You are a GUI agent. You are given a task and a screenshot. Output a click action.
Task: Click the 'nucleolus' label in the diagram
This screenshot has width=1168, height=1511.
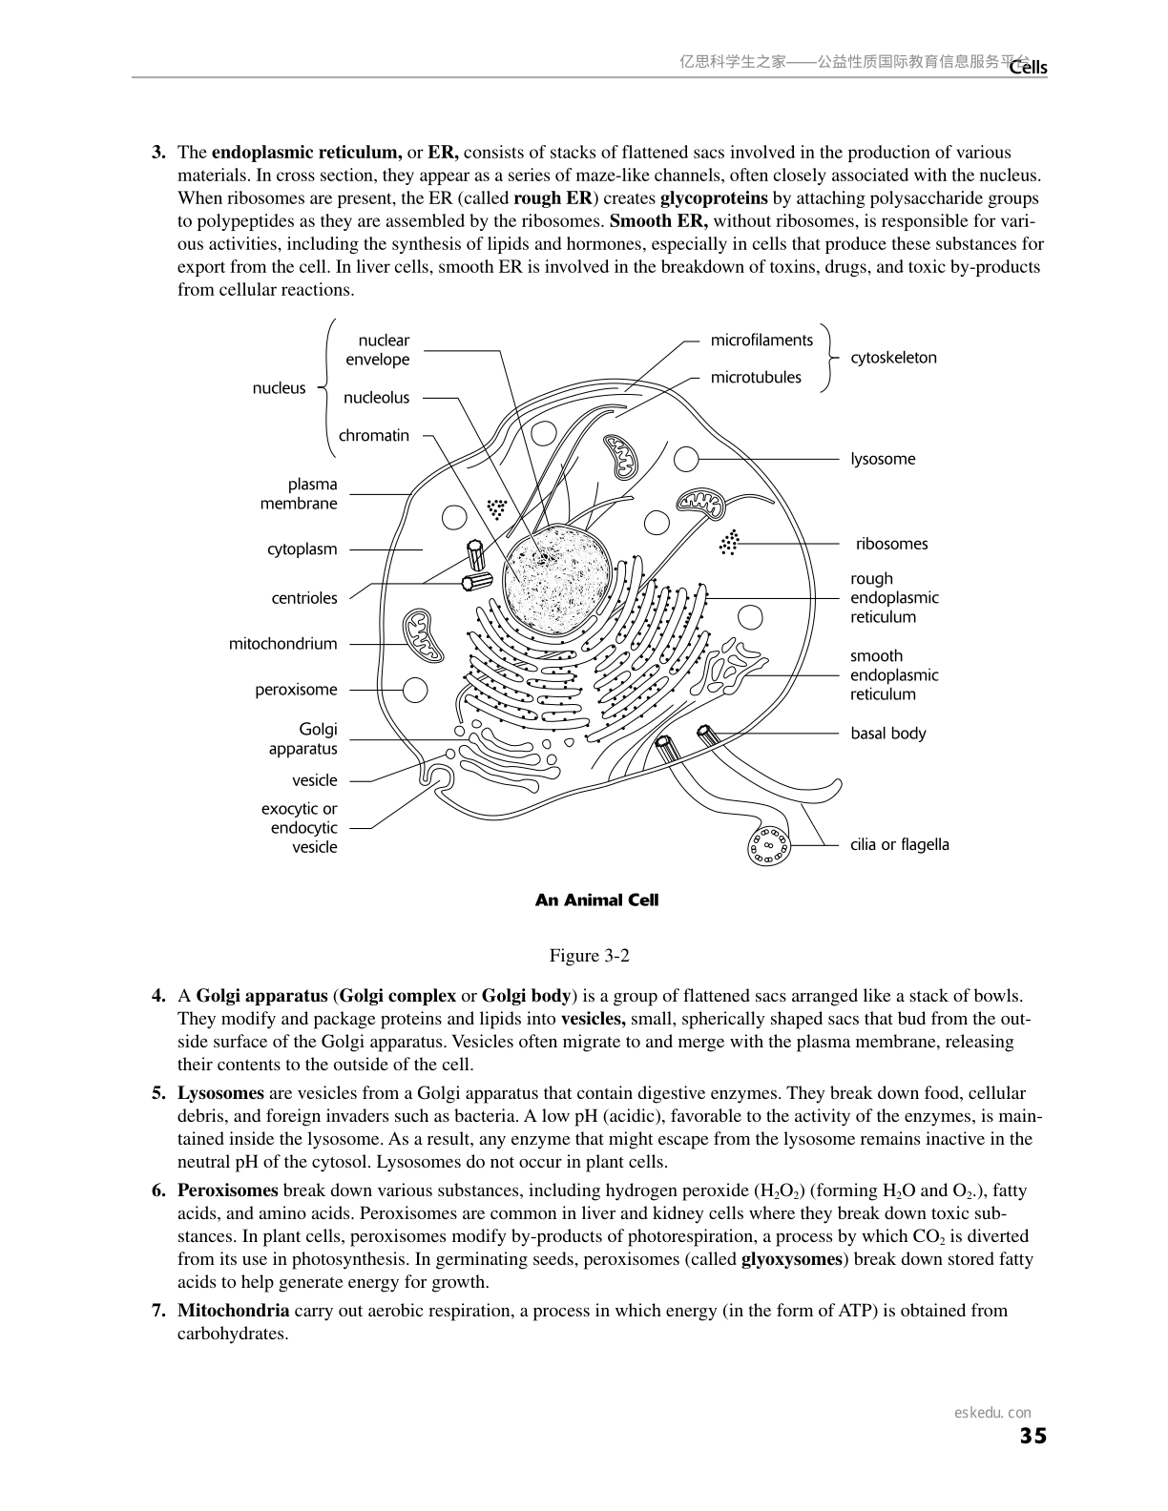[376, 398]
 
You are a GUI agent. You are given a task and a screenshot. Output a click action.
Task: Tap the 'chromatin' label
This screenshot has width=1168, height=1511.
[373, 436]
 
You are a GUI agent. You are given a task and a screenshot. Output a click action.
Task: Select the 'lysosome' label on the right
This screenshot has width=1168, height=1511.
[883, 459]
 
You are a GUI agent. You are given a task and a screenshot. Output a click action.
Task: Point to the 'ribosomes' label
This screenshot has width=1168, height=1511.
[891, 544]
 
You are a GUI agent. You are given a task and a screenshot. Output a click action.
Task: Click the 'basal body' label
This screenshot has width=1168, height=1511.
[887, 734]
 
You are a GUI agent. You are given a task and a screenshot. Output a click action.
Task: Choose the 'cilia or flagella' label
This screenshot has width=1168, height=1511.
[899, 844]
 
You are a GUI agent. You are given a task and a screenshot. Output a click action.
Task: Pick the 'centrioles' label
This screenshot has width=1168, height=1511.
[304, 598]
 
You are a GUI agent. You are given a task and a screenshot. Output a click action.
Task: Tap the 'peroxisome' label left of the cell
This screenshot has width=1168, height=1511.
[296, 690]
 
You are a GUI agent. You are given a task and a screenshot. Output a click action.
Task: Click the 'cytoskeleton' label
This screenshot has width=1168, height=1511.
[893, 358]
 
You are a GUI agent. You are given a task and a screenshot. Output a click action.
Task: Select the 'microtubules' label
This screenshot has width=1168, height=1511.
[756, 378]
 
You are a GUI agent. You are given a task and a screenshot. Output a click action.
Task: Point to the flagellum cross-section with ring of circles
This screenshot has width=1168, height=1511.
[769, 845]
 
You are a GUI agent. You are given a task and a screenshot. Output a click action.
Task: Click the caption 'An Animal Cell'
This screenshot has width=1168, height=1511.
[596, 900]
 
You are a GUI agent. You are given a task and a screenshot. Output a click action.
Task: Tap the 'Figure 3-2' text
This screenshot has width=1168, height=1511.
[589, 956]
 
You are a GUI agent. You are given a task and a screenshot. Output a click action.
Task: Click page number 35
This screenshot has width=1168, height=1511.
[1032, 1437]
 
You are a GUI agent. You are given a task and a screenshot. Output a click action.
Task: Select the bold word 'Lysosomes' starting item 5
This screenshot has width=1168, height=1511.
[220, 1093]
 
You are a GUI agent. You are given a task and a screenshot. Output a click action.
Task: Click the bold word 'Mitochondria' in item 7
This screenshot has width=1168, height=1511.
[234, 1311]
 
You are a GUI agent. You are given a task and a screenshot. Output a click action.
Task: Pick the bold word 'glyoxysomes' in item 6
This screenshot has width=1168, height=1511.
[791, 1259]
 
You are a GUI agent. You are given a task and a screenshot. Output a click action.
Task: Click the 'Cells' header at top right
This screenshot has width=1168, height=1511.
[1029, 67]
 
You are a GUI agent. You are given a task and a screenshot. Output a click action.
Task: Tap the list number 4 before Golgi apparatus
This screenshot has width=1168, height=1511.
[158, 996]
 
